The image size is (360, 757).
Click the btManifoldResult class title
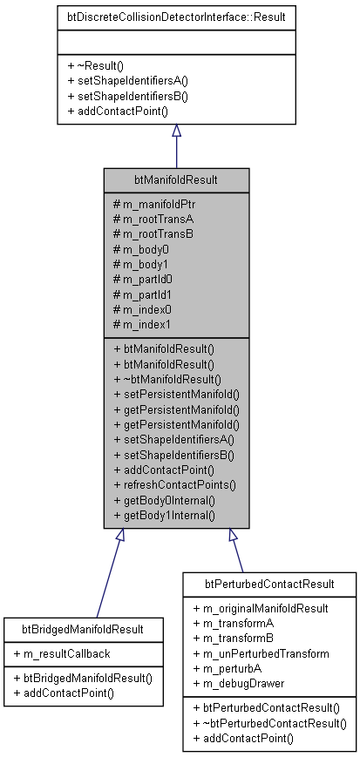pyautogui.click(x=176, y=180)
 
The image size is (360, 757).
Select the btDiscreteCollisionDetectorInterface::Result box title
pyautogui.click(x=176, y=16)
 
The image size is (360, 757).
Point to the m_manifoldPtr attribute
pyautogui.click(x=156, y=203)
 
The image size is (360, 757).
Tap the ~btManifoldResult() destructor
pyautogui.click(x=168, y=379)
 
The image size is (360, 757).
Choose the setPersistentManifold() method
pyautogui.click(x=176, y=395)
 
